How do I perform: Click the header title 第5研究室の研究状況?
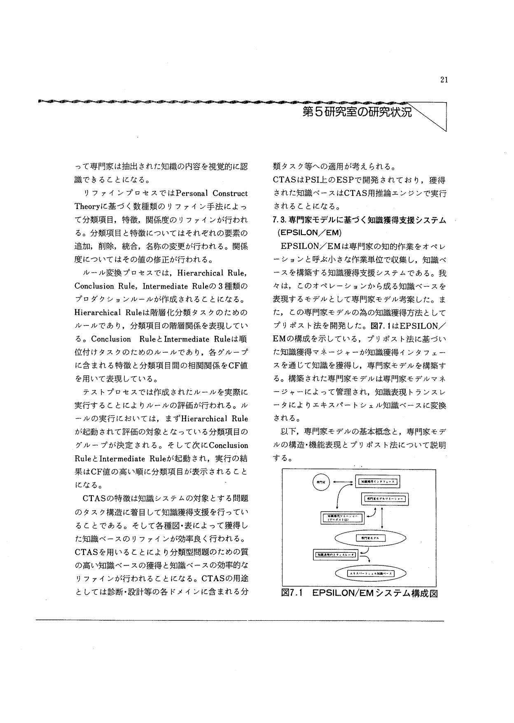click(x=357, y=112)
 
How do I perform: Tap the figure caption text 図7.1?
click(x=291, y=594)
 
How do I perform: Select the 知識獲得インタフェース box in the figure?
click(x=378, y=481)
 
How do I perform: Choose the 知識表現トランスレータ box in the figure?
click(x=336, y=555)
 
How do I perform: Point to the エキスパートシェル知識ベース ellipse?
click(x=371, y=573)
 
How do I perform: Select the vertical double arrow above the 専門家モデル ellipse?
click(x=383, y=517)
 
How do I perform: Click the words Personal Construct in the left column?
click(x=212, y=193)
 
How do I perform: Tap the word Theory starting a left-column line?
click(x=85, y=207)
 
